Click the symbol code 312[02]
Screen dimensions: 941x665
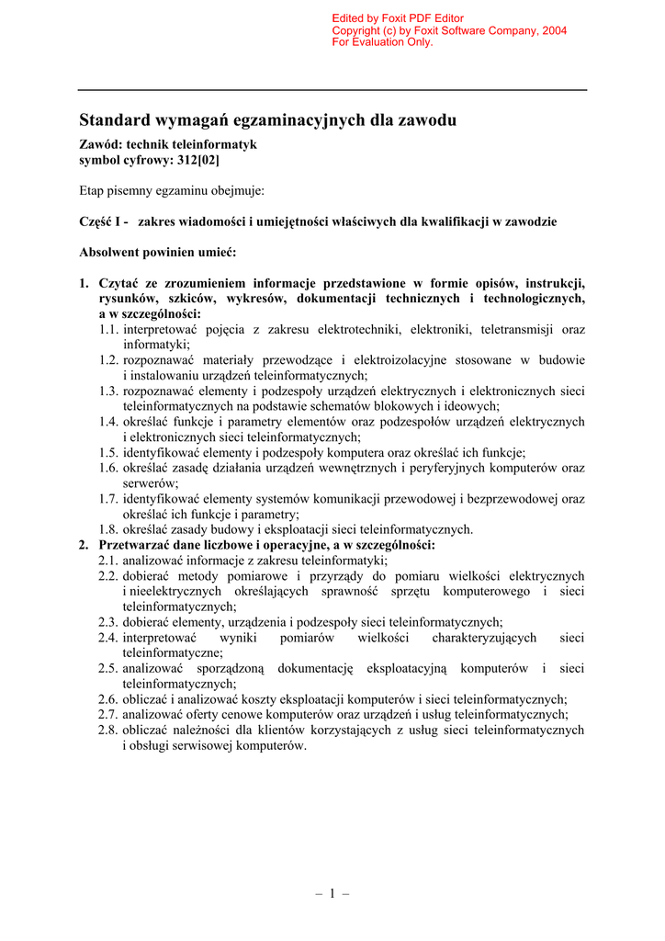197,160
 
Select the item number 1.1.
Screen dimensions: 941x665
109,329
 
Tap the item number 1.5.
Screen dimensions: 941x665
109,452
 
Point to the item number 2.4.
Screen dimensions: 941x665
109,637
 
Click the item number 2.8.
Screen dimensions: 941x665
109,731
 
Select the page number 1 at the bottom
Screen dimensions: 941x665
332,893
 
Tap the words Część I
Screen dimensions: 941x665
104,221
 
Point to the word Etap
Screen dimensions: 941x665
93,190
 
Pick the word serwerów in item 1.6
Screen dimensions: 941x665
151,483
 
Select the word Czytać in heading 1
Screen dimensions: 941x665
119,283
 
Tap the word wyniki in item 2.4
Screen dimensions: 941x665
239,637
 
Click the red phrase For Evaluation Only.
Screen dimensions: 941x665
382,42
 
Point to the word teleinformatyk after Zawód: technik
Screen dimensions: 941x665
213,144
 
